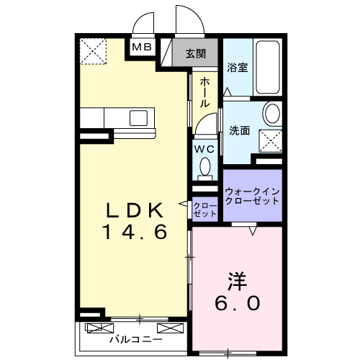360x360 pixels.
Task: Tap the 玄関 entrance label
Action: tap(195, 53)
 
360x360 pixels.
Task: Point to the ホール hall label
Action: tap(204, 93)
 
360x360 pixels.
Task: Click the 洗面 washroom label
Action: tap(240, 131)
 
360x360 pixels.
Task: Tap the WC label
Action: tap(205, 148)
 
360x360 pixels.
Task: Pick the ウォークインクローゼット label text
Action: tap(252, 197)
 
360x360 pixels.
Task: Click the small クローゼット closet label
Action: tap(205, 210)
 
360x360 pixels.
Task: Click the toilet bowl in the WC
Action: tap(206, 168)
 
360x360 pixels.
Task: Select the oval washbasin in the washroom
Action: tap(272, 113)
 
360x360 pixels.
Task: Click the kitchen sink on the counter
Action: tap(138, 117)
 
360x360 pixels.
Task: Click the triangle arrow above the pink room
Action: tap(253, 231)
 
